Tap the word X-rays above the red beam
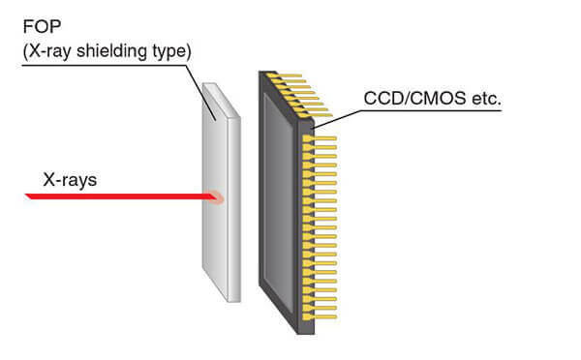pos(68,179)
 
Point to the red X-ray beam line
pos(116,196)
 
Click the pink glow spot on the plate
pos(218,197)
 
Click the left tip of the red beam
pos(30,196)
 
